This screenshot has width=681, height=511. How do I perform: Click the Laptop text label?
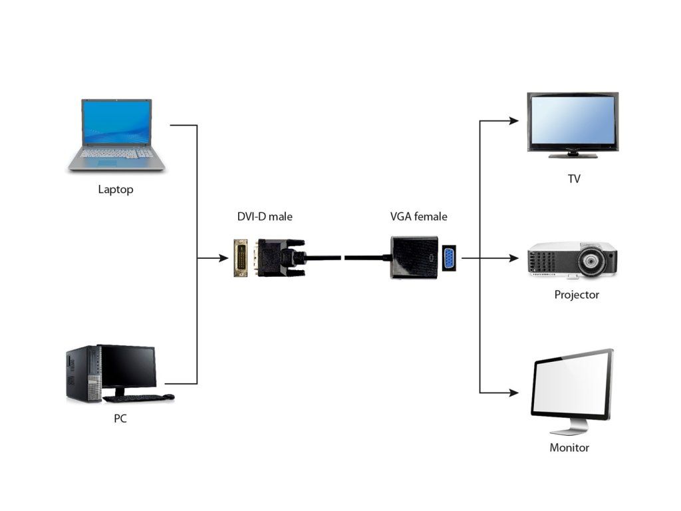pos(116,190)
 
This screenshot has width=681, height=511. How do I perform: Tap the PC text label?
pos(120,419)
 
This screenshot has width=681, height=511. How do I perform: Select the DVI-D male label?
pos(265,216)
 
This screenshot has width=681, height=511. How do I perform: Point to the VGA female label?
pos(419,216)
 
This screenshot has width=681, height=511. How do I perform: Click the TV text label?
pos(574,178)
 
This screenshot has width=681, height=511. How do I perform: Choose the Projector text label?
pos(577,295)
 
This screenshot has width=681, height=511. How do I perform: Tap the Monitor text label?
pos(569,448)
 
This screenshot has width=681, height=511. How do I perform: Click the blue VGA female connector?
pos(449,259)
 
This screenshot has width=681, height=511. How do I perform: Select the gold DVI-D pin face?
pos(241,258)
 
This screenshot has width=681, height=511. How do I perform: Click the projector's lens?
pos(591,261)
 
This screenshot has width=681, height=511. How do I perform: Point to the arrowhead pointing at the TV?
pos(514,121)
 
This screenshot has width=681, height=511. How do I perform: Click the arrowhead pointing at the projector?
pos(514,258)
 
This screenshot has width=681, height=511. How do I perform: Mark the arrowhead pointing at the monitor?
pos(514,393)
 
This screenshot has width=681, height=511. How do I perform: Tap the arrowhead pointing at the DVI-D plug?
pos(223,258)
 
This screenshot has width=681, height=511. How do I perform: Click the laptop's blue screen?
pos(117,122)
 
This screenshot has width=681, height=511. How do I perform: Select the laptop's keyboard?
pos(116,153)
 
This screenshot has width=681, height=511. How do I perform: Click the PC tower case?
pos(84,374)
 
